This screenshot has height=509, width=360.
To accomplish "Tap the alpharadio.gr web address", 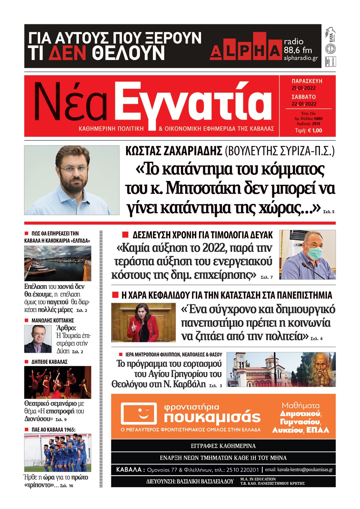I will [300, 58].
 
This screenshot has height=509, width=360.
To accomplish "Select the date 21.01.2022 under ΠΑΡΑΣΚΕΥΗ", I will [303, 88].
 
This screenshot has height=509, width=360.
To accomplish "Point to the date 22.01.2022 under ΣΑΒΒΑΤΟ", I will [304, 104].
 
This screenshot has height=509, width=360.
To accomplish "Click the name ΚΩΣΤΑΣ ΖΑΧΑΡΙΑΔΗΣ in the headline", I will [174, 151].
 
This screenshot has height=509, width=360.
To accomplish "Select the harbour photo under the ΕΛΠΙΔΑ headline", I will [57, 263].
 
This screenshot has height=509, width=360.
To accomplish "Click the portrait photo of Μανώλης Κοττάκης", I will [37, 339].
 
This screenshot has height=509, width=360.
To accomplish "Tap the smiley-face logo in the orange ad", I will [138, 413].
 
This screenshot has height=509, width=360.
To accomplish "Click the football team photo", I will [57, 452].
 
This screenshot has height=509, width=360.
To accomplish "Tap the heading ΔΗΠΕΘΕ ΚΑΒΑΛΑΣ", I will [49, 362].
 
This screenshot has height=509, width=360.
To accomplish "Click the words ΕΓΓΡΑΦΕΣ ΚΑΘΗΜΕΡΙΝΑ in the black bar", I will [223, 446].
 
